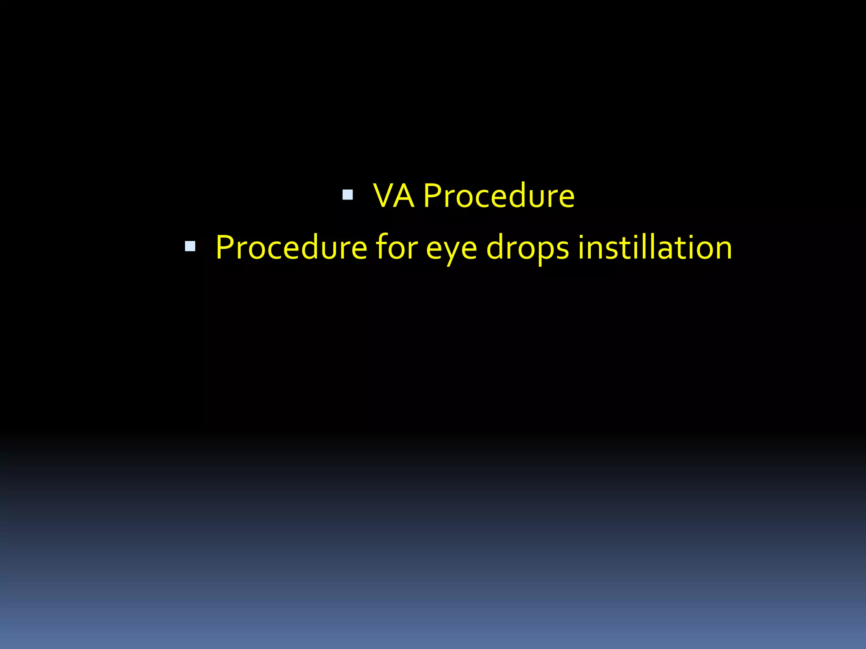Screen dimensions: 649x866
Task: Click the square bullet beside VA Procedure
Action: pyautogui.click(x=348, y=195)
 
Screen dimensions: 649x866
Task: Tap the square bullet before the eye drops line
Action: pyautogui.click(x=190, y=246)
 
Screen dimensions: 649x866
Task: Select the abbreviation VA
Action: pyautogui.click(x=393, y=196)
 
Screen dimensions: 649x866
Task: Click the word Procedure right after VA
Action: pyautogui.click(x=499, y=196)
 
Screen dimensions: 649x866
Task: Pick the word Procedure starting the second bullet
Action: pyautogui.click(x=291, y=248)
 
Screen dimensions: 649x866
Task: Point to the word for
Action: pyautogui.click(x=397, y=248)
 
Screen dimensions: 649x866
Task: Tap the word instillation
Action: pyautogui.click(x=655, y=248)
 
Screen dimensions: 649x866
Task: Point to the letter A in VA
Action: pyautogui.click(x=404, y=196)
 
